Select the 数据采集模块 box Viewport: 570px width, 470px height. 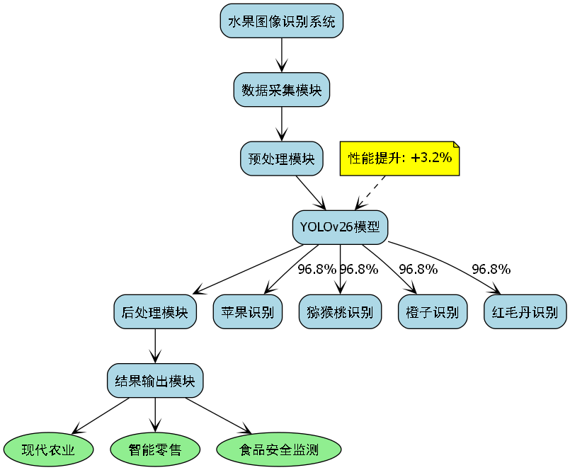coord(282,90)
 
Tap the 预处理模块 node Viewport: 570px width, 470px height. coord(282,159)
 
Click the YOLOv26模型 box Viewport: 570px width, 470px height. coord(340,227)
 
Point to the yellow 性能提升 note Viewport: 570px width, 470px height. coord(400,158)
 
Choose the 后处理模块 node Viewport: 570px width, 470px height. coord(155,312)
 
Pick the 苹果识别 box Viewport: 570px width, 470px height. coord(248,312)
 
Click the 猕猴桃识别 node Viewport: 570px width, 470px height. coord(340,312)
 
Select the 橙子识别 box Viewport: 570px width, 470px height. coord(433,312)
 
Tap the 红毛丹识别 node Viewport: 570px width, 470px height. coord(525,312)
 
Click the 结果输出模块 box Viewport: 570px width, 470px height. coord(155,381)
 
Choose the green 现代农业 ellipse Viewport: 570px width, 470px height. coord(49,449)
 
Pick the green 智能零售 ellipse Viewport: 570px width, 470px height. coord(155,449)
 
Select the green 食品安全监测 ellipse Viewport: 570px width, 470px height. coord(278,449)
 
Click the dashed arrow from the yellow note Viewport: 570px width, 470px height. coord(373,190)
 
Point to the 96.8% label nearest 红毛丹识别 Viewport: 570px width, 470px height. coord(491,269)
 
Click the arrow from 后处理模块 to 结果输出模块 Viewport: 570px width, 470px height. coord(155,346)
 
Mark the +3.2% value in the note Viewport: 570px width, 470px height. coord(431,157)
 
